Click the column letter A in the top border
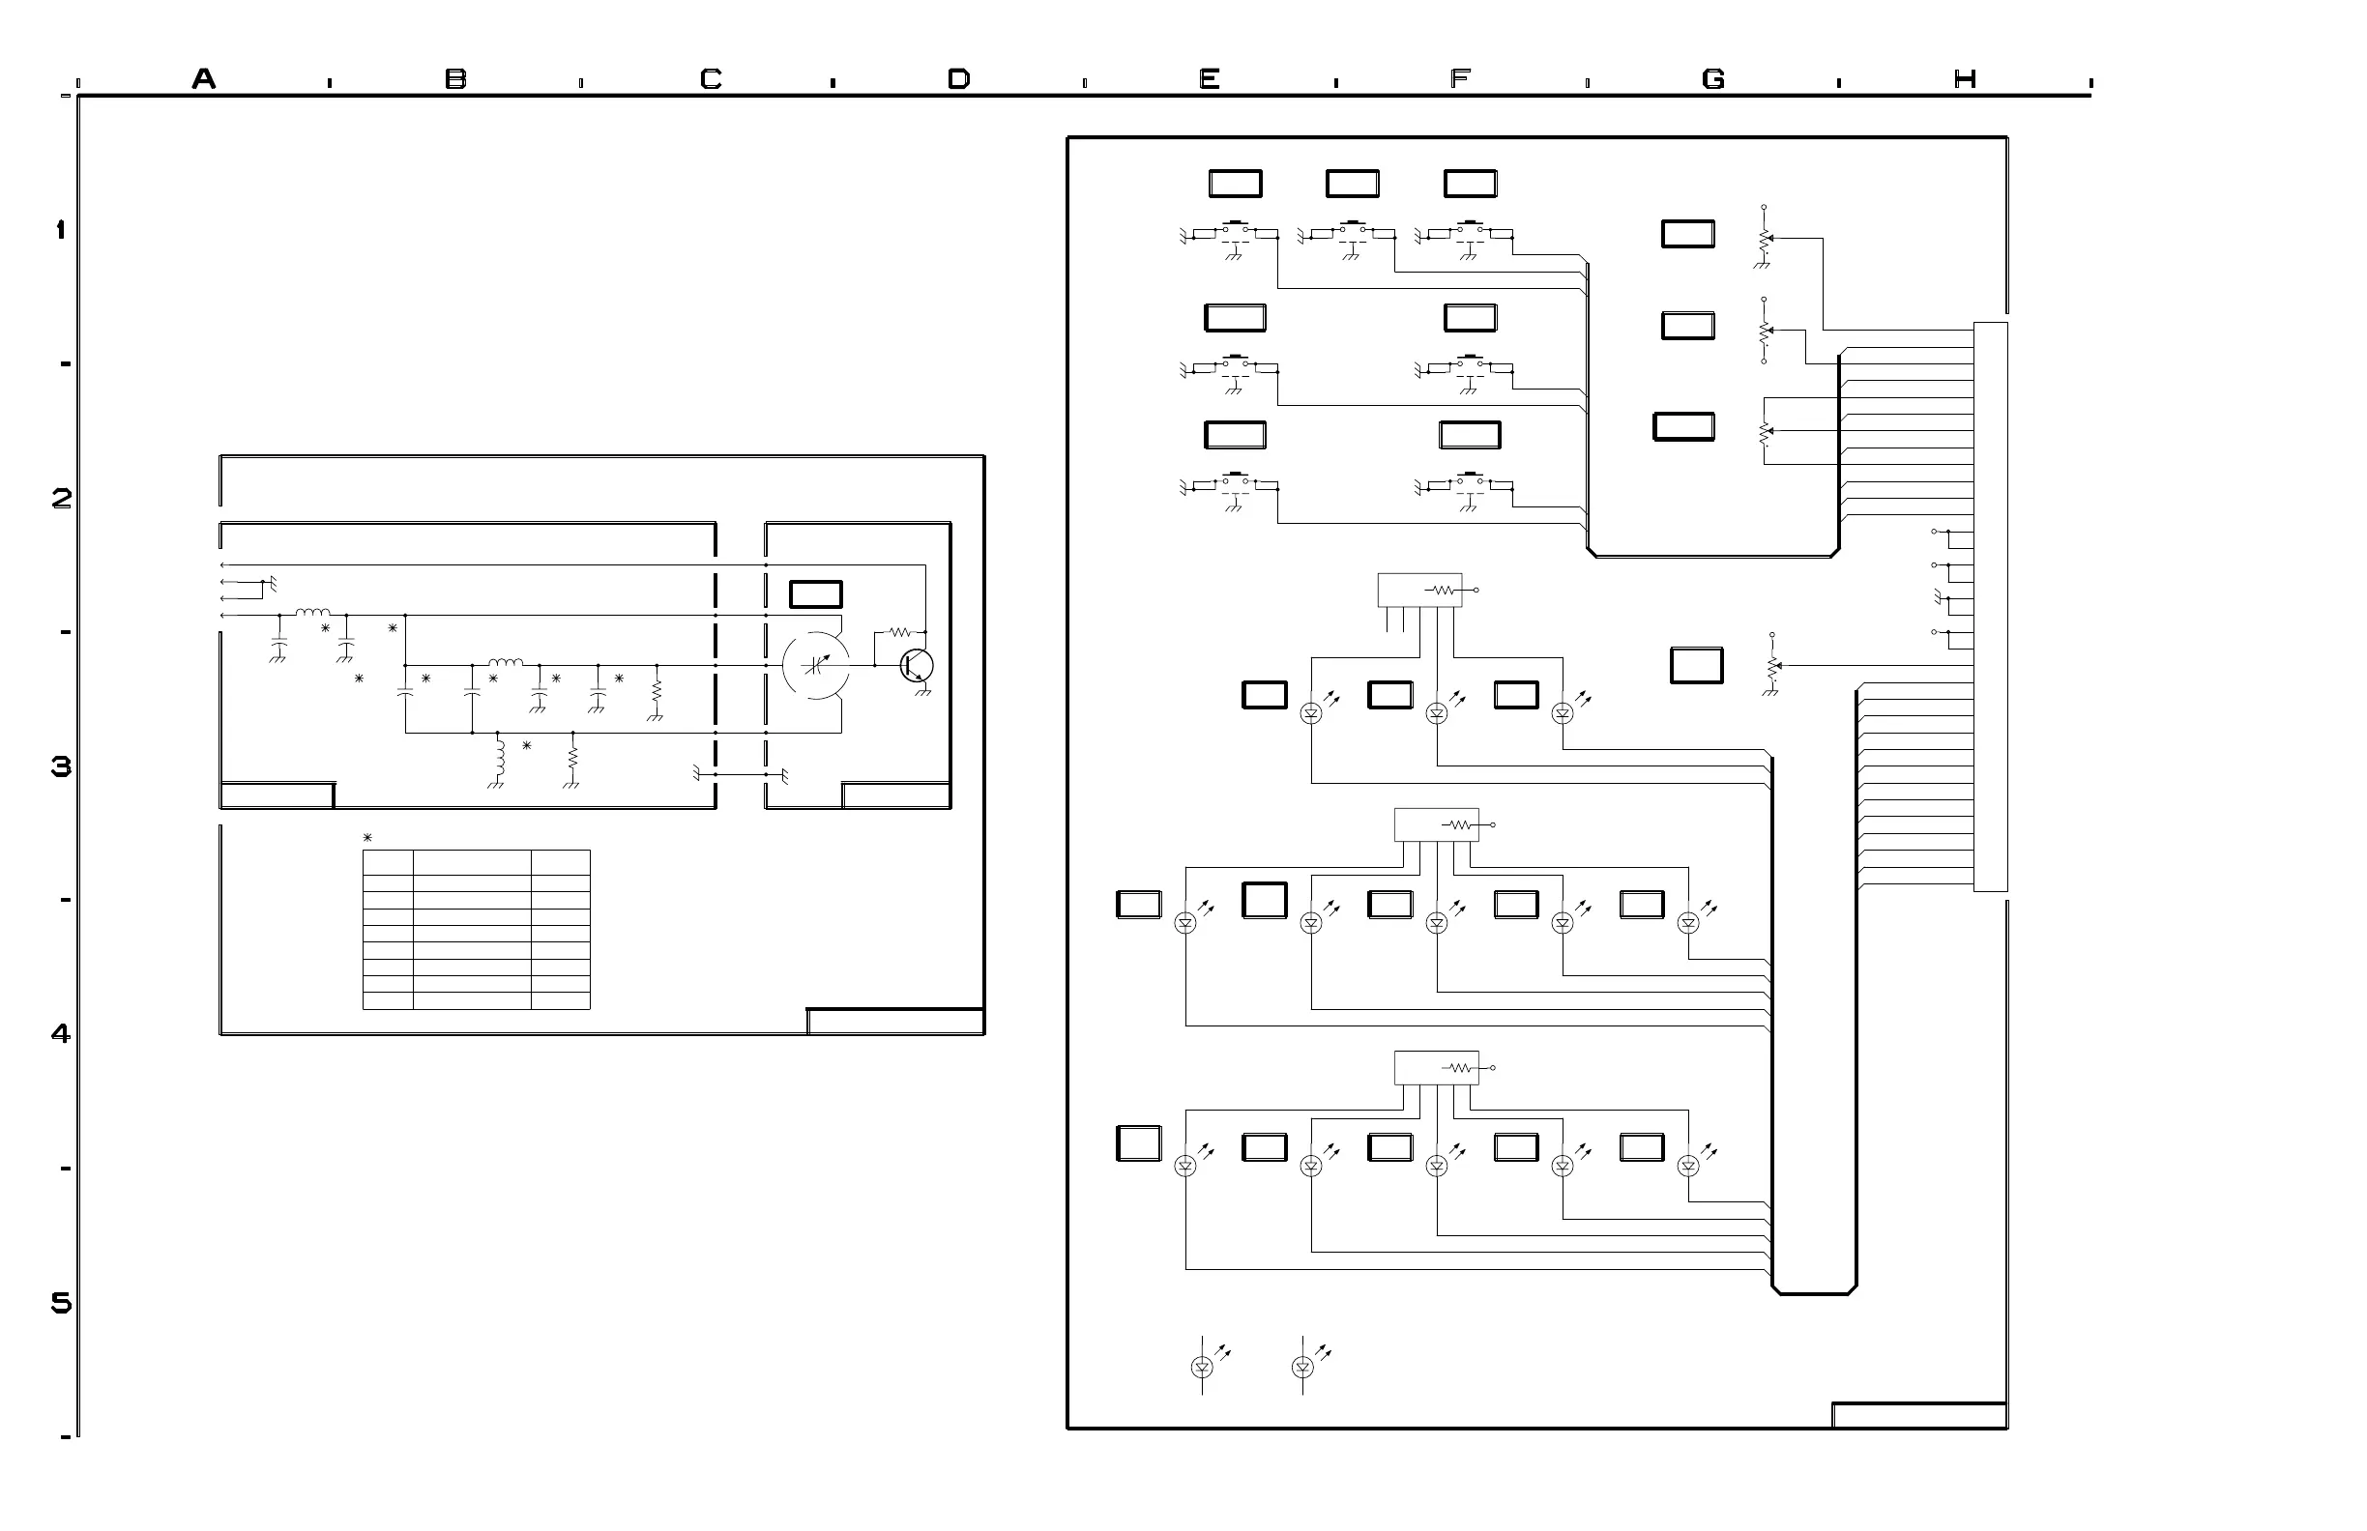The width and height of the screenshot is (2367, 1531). tap(204, 78)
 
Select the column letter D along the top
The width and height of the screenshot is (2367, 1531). tap(959, 78)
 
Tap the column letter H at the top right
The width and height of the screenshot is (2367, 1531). tap(1965, 78)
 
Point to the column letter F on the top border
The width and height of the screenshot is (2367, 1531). tap(1460, 78)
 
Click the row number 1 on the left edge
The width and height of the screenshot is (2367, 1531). tap(61, 230)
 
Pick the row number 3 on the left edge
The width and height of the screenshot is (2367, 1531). tap(61, 766)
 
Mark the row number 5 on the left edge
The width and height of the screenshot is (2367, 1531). tap(61, 1303)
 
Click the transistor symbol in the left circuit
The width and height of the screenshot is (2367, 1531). tap(916, 666)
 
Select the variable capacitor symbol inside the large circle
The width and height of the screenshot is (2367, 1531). tap(815, 665)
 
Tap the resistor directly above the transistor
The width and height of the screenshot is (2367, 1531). tap(900, 631)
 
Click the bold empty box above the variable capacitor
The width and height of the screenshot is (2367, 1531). tap(815, 594)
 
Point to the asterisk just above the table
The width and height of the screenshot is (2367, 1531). tap(367, 838)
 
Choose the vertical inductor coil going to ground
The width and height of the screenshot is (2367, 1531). tap(500, 758)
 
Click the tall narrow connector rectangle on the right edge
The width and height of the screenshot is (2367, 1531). tap(1990, 606)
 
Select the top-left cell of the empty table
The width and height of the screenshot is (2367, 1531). tap(388, 863)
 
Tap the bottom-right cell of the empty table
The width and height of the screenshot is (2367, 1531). tap(561, 1000)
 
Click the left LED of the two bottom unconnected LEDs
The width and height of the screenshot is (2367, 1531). tap(1202, 1367)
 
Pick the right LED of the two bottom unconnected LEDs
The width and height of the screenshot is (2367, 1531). tap(1302, 1367)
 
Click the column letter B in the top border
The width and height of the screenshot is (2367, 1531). tap(455, 78)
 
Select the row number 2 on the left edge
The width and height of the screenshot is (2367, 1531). tap(61, 498)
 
